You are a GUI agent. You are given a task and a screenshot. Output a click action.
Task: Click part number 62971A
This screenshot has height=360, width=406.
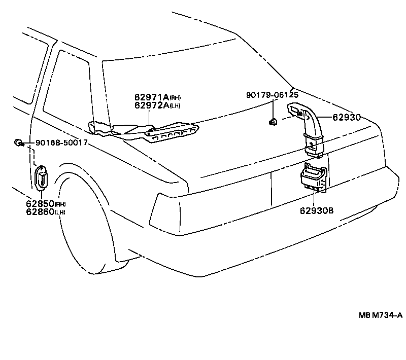click(151, 97)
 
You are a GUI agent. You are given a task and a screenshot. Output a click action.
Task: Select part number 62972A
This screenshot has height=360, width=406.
click(151, 105)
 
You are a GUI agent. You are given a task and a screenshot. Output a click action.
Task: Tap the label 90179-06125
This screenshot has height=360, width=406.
click(272, 95)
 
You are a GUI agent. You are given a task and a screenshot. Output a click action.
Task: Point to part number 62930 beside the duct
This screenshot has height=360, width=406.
click(347, 117)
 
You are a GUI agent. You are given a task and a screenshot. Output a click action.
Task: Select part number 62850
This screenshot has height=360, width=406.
click(40, 204)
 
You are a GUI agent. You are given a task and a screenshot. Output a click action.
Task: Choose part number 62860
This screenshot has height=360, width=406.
click(40, 212)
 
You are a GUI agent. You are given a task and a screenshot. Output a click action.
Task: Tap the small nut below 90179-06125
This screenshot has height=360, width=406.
click(273, 121)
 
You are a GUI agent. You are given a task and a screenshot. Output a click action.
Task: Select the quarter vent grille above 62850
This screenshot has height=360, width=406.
click(41, 179)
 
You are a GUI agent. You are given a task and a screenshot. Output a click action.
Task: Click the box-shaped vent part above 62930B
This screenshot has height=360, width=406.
click(313, 178)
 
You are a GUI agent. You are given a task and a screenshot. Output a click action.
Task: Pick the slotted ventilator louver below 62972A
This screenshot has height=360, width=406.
click(170, 133)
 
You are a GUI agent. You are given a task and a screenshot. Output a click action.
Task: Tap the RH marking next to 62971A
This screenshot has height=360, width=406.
click(175, 98)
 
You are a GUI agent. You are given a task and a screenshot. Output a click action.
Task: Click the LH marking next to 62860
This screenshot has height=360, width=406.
click(60, 212)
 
